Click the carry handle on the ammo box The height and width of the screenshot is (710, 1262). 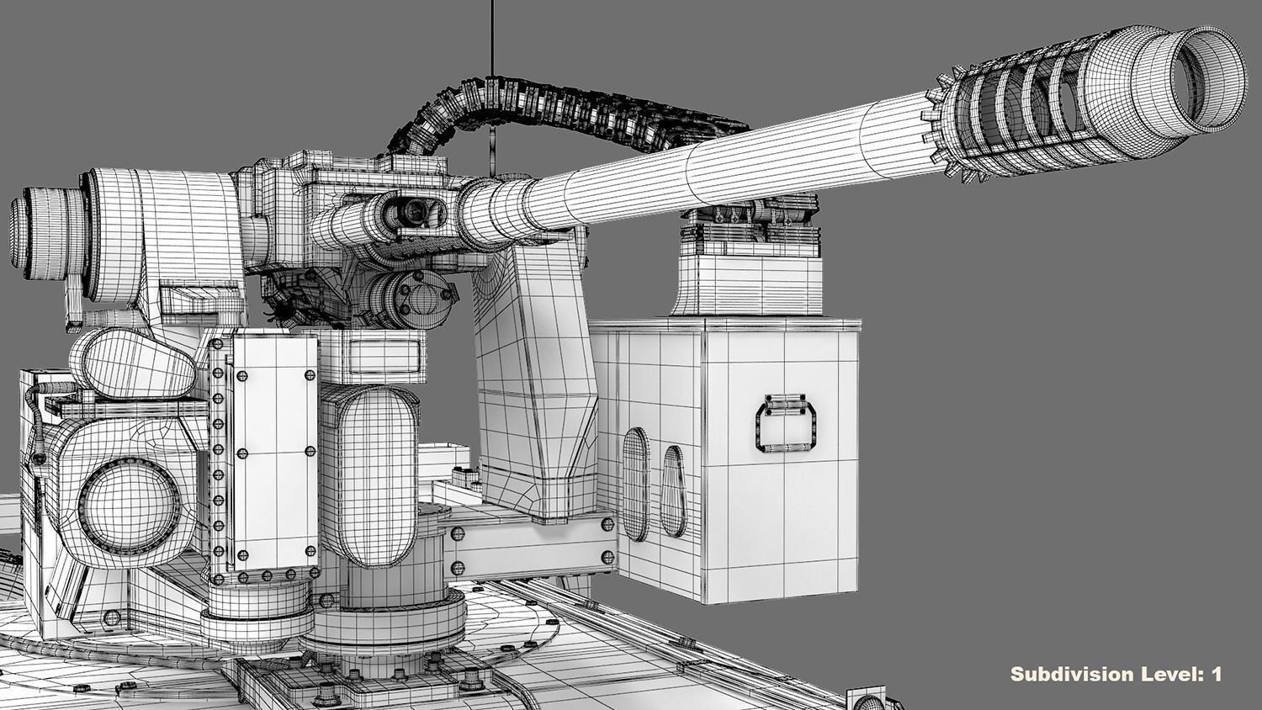coord(786,425)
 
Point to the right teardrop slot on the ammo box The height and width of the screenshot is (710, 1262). coord(672,492)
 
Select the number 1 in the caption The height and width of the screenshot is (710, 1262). coord(1215,674)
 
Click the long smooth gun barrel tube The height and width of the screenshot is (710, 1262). coord(715,172)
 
